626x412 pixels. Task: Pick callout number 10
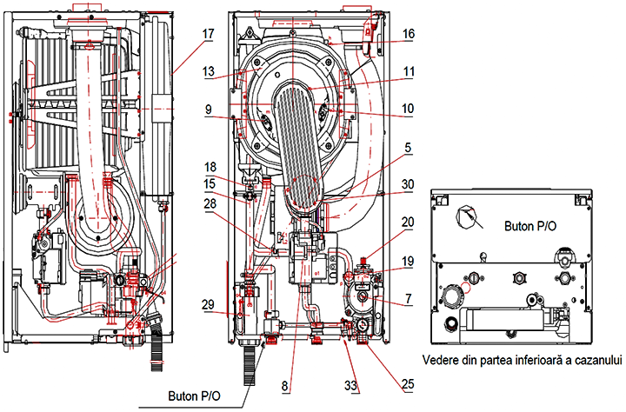coord(407,110)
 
